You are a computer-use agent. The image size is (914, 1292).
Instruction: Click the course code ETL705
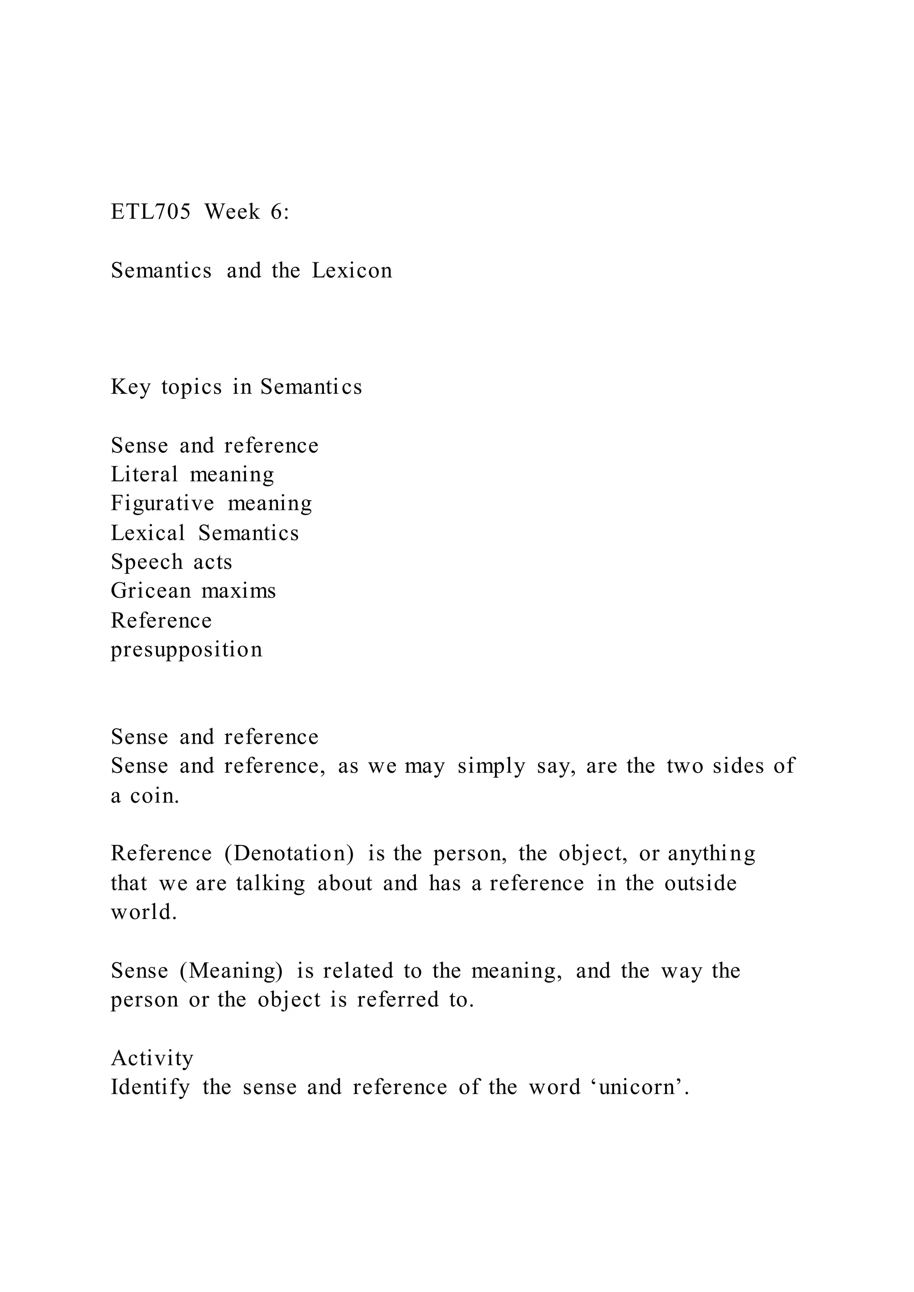click(150, 212)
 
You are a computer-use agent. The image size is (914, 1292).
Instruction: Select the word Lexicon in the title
click(352, 271)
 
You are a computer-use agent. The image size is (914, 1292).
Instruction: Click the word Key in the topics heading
click(130, 387)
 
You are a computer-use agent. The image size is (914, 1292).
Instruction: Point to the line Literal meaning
click(192, 474)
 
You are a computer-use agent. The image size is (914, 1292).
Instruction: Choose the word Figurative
click(162, 504)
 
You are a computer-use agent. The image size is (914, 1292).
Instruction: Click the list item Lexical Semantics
click(205, 533)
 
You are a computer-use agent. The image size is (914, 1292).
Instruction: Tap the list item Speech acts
click(171, 562)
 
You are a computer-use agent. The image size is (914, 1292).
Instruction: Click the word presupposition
click(186, 650)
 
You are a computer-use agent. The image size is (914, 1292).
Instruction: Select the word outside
click(700, 883)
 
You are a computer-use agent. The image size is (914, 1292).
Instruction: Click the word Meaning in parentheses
click(231, 971)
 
